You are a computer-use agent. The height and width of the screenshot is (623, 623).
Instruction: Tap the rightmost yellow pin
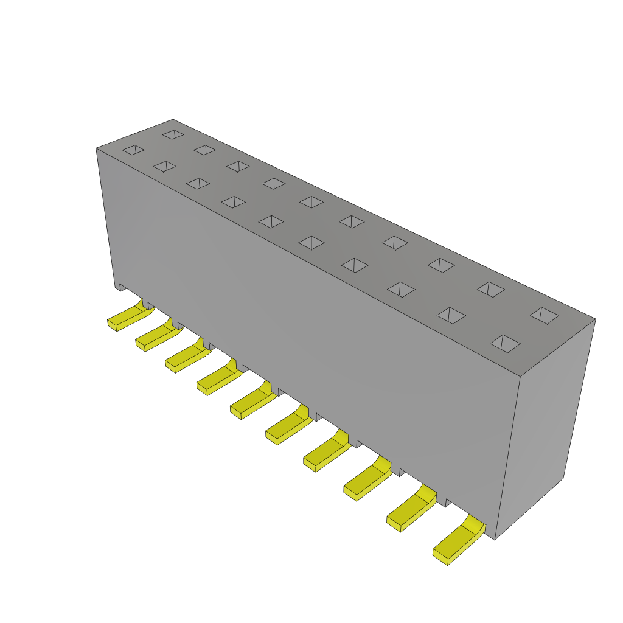coord(456,542)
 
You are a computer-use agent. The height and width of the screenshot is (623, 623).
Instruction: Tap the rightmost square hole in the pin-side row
coord(505,343)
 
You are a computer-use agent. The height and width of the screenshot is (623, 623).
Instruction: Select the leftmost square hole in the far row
coord(173,134)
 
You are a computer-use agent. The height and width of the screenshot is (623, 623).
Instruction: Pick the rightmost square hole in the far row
coord(545,315)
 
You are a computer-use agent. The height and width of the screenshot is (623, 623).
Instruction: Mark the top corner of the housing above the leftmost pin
coord(97,148)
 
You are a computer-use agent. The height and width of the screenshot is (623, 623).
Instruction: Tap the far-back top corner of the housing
coord(173,120)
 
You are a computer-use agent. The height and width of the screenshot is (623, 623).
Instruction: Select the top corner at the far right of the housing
coord(595,319)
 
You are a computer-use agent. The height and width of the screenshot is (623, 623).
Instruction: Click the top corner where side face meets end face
coord(520,376)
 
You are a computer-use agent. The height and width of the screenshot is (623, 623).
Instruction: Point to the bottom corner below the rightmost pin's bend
coord(495,539)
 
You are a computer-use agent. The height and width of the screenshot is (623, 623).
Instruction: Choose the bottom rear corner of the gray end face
coord(563,478)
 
